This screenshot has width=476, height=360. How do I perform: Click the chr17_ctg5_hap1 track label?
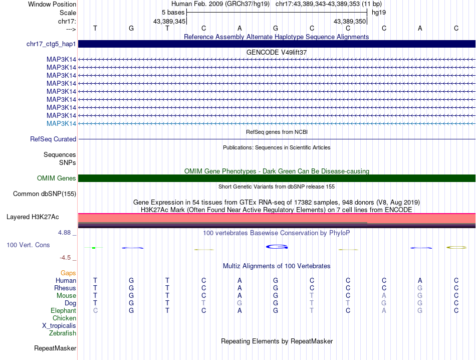coord(51,44)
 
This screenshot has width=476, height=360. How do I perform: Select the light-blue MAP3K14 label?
coord(61,123)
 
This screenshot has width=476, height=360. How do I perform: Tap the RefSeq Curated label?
coord(53,139)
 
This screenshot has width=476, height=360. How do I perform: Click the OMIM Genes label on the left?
coord(56,178)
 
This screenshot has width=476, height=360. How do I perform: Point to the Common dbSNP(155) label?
coord(45,194)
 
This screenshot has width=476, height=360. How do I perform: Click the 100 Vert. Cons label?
coord(28,245)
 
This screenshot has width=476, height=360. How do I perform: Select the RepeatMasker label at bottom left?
coord(55,348)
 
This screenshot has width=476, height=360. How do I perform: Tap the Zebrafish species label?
coord(63,333)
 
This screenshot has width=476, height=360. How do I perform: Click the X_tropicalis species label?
coord(59,325)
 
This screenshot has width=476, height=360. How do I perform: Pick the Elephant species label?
coord(63,311)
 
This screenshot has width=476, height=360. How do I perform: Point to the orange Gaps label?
coord(68,273)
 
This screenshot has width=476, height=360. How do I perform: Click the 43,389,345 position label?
coord(169,21)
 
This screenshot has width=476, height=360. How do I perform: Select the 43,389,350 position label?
coord(350,21)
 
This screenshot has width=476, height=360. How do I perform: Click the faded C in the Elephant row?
coord(95,311)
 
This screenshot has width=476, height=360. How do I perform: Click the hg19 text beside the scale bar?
coord(378,12)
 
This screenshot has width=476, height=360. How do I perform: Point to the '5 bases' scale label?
coord(173,12)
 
